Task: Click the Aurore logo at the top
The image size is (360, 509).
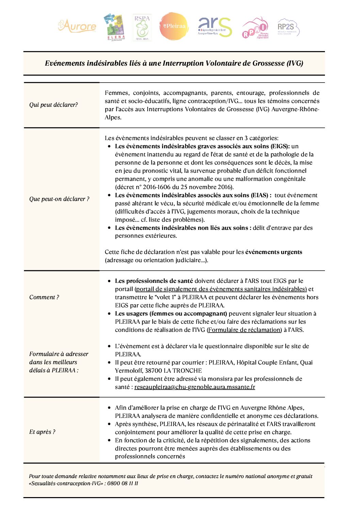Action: (77, 26)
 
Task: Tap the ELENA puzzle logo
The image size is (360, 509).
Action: (115, 27)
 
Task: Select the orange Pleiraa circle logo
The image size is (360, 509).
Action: (174, 26)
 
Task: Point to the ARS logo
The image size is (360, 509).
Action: (215, 27)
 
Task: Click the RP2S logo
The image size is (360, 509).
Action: (288, 27)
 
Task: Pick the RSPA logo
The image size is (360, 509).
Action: (142, 28)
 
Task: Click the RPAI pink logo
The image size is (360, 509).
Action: (256, 28)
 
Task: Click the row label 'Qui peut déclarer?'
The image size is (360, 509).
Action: (53, 105)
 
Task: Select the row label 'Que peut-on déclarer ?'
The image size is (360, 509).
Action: (59, 199)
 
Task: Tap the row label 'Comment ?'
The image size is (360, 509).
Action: (44, 297)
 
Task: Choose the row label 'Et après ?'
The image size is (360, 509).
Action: (42, 432)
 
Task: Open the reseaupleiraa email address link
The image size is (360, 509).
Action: (195, 387)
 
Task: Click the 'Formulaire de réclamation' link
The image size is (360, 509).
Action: (244, 330)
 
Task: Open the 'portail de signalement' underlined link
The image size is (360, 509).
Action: (221, 289)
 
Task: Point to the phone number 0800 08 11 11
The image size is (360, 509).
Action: (123, 483)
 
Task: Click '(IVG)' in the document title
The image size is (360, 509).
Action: (295, 63)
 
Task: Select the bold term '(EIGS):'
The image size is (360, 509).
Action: (280, 146)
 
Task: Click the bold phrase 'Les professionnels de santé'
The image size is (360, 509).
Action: (154, 281)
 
